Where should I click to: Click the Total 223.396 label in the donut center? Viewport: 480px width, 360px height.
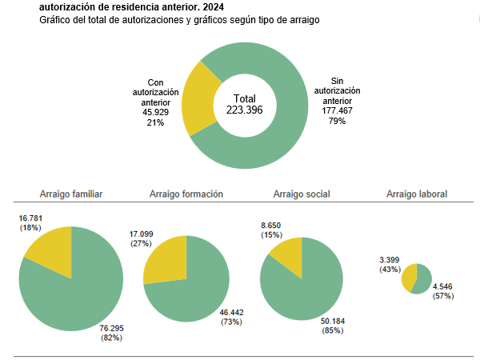pos(244,104)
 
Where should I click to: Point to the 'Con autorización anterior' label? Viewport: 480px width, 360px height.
pos(156,102)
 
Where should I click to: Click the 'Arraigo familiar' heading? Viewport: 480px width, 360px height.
pos(70,194)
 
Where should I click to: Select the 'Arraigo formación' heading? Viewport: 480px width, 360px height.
pos(186,194)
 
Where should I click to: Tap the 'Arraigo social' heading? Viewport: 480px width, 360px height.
pos(302,194)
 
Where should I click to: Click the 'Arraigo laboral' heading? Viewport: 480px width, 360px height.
pos(417,194)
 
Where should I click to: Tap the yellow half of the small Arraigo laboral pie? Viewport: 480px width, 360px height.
pos(410,278)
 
